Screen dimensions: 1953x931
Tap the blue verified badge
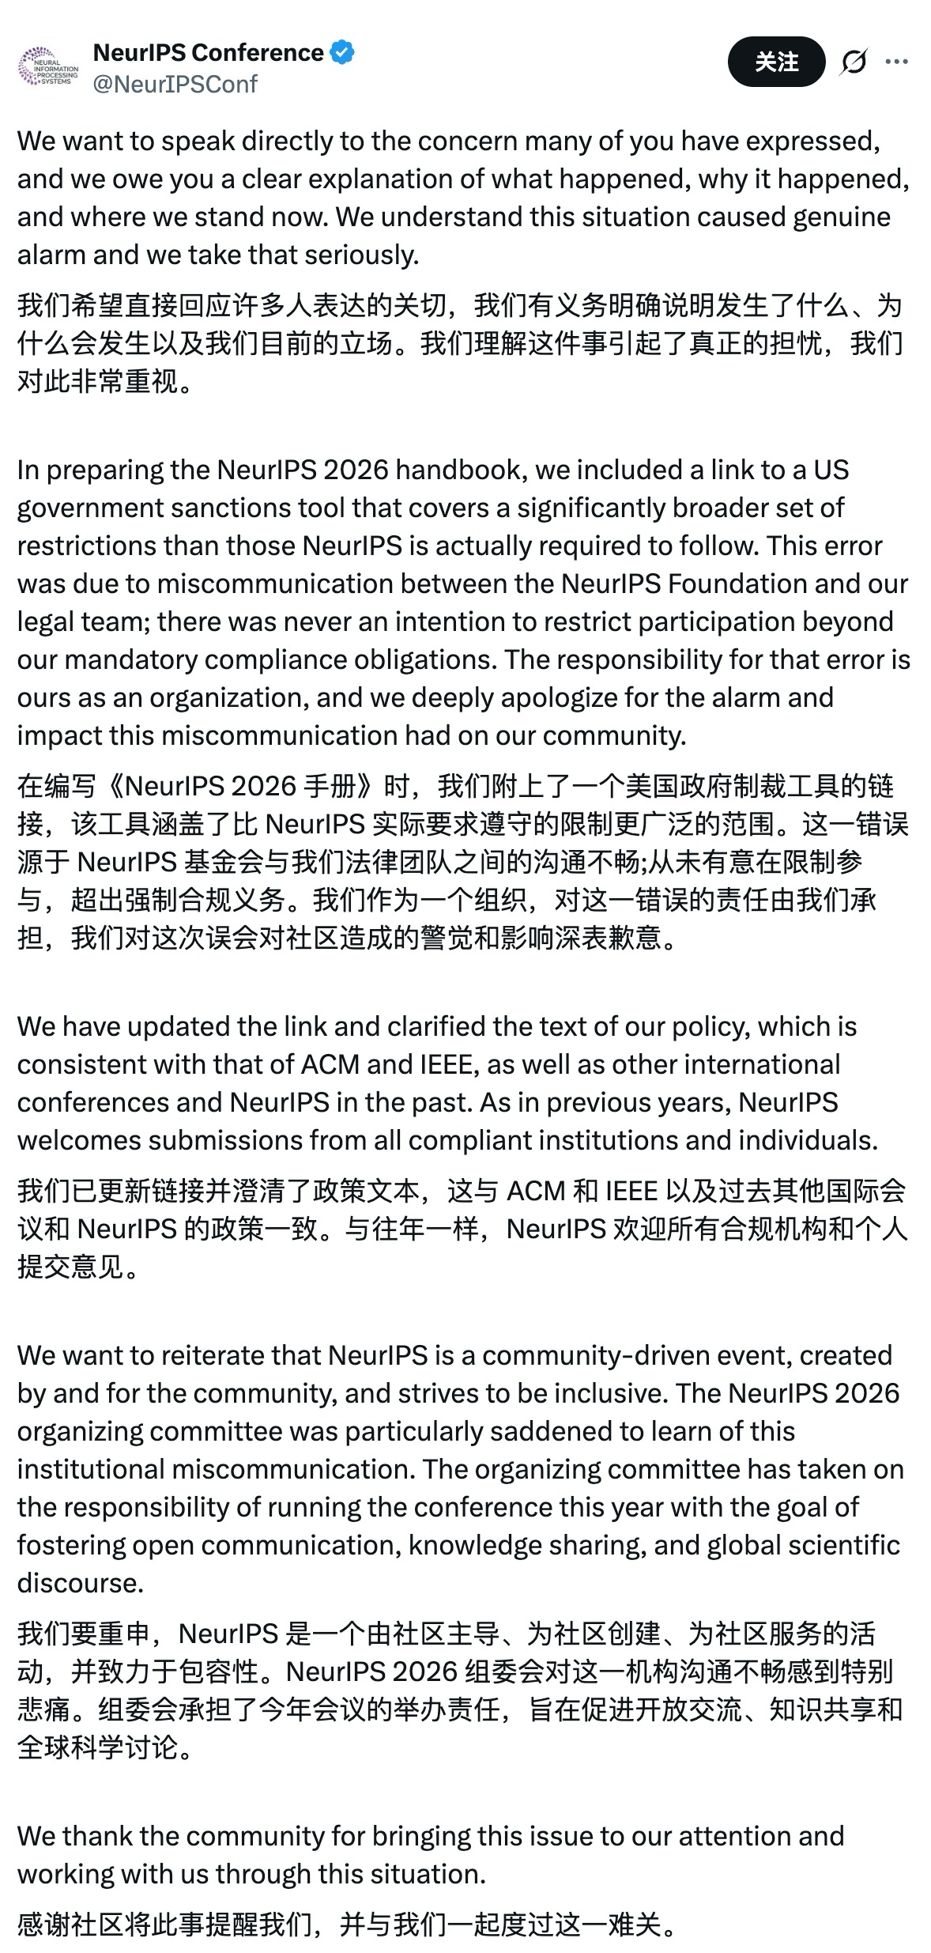click(x=342, y=53)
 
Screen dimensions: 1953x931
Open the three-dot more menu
click(x=896, y=62)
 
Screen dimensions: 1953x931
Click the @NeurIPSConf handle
click(x=175, y=84)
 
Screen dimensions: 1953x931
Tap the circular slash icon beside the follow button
click(x=854, y=62)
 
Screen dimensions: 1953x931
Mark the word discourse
click(x=80, y=1583)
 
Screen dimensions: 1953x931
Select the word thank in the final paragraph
click(x=97, y=1836)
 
